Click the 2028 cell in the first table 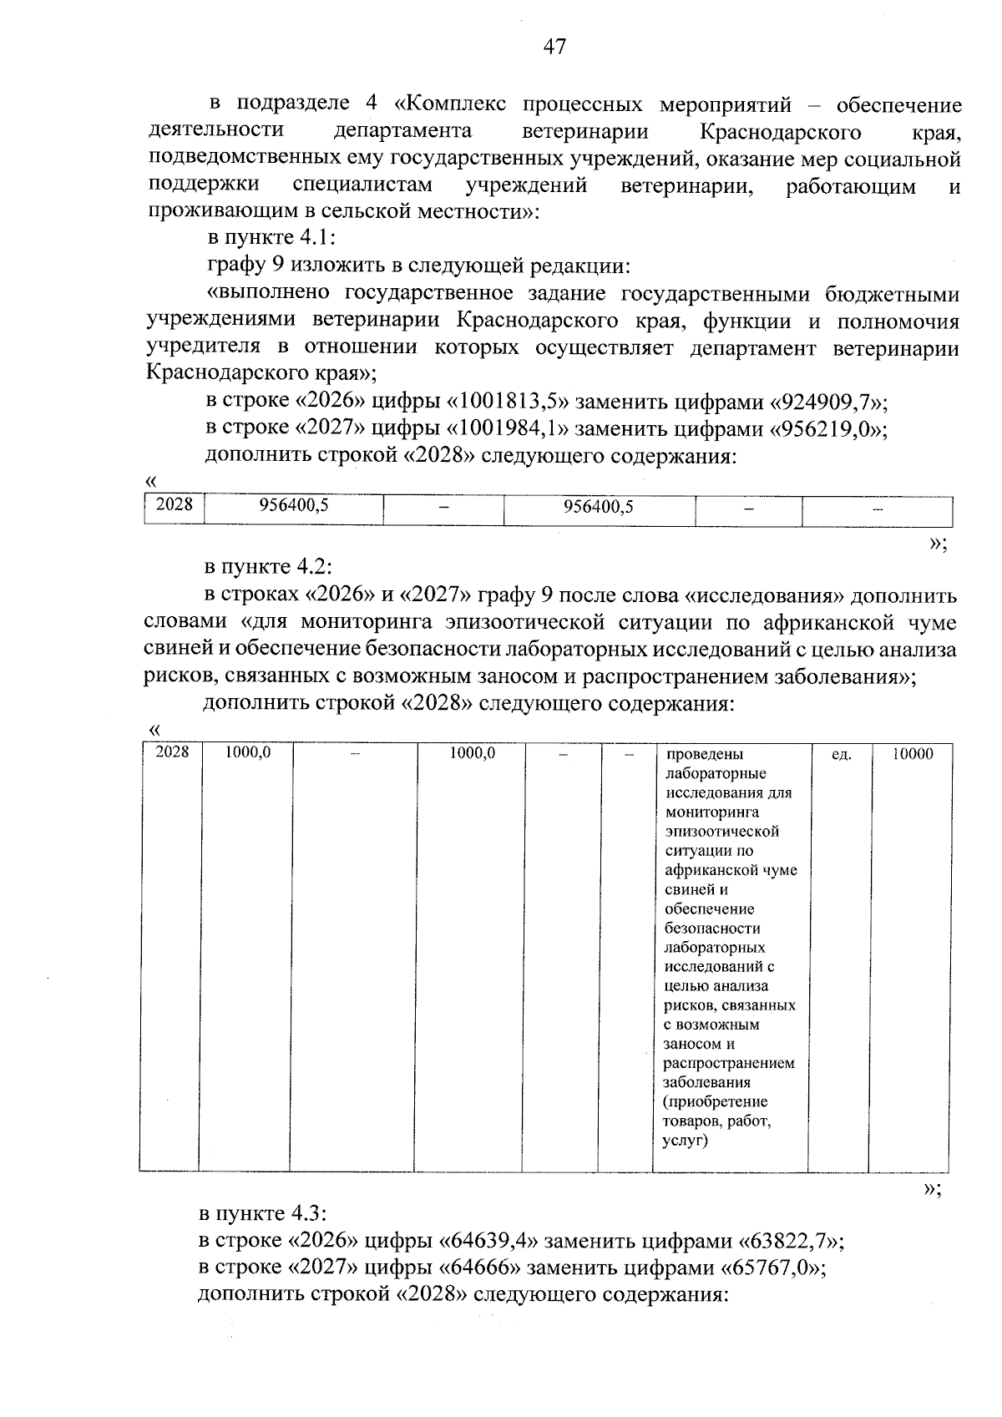coord(174,505)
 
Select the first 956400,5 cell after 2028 coord(294,506)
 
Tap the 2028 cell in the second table coord(173,752)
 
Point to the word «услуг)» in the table coord(685,1140)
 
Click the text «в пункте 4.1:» coord(271,238)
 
